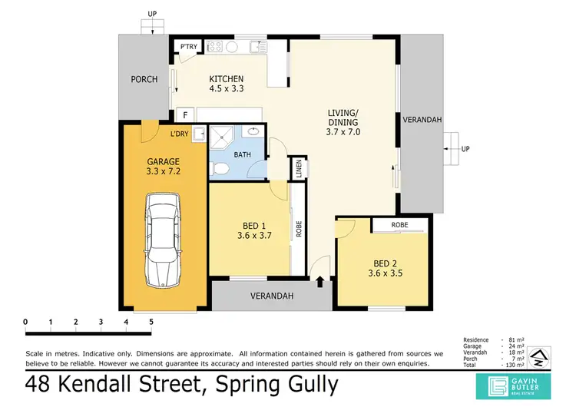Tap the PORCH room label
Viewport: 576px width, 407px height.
tap(144, 79)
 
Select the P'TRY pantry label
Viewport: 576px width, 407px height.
tap(188, 48)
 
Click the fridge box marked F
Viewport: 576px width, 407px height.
tap(184, 115)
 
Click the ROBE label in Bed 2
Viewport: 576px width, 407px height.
tap(399, 225)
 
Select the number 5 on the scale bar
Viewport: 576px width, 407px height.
tap(151, 321)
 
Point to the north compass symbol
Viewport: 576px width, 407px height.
tap(540, 356)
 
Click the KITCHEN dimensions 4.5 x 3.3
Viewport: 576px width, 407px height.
tap(227, 88)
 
